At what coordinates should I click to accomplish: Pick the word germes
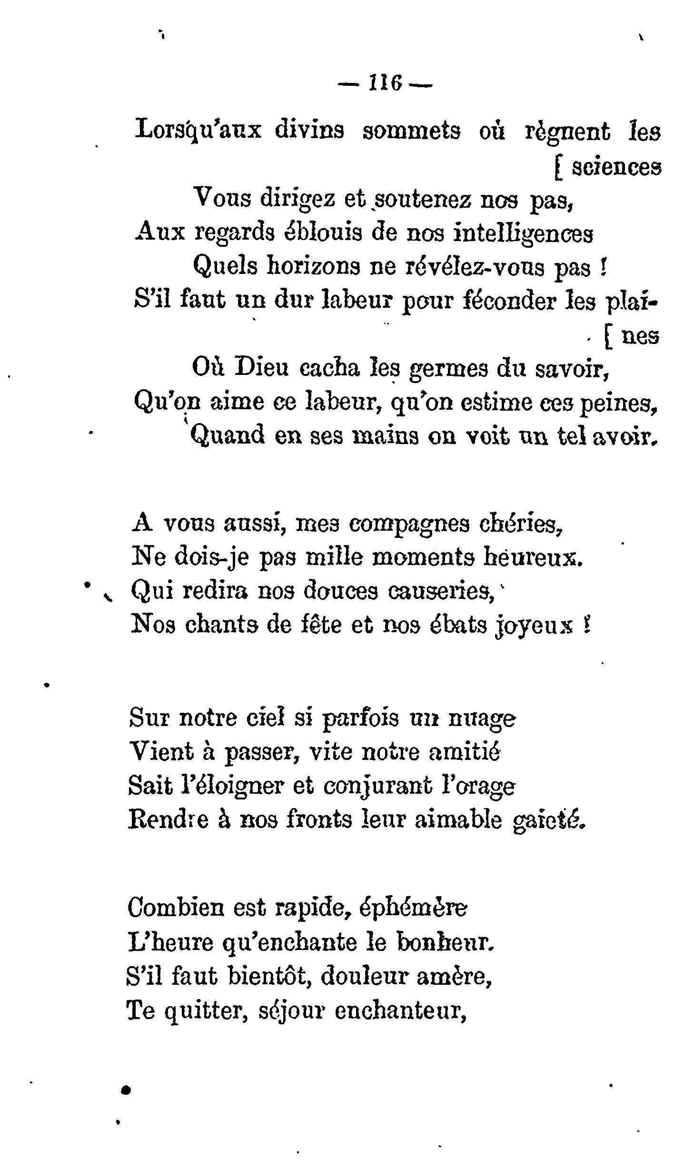click(448, 369)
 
